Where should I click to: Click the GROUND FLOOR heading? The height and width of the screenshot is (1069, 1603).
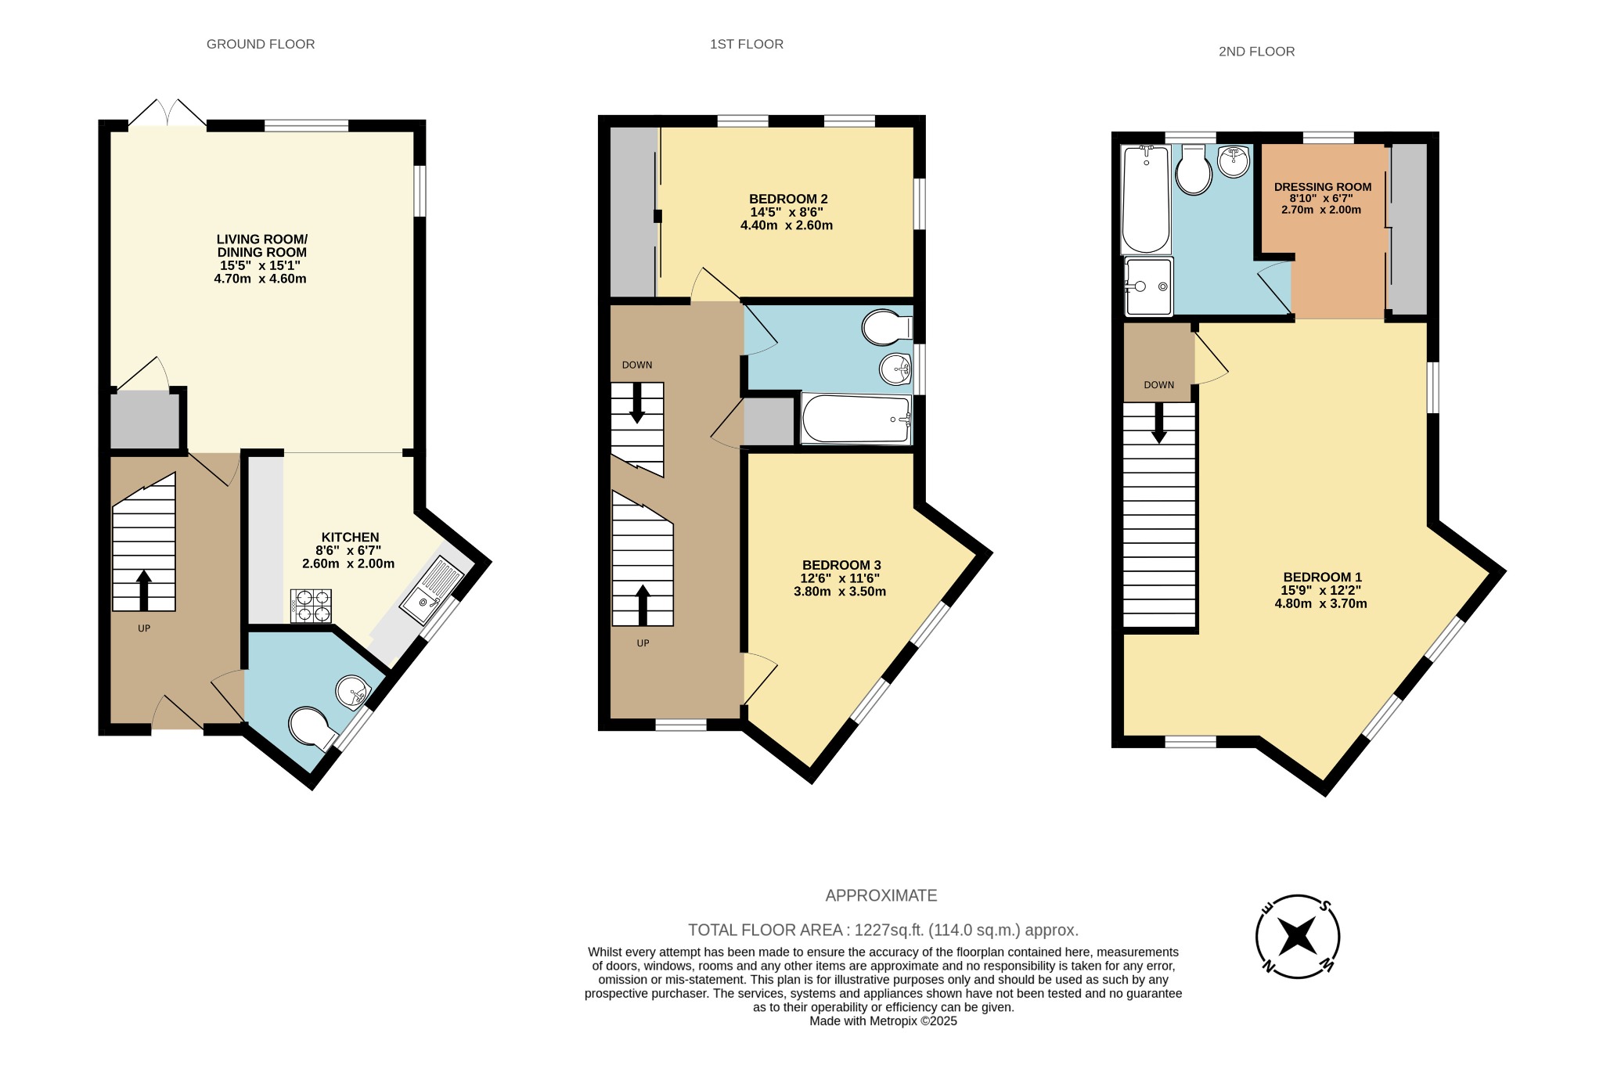click(x=261, y=45)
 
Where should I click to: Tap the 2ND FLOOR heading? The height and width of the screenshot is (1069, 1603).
click(x=1256, y=52)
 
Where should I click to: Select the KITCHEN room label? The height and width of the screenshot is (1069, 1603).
click(x=350, y=537)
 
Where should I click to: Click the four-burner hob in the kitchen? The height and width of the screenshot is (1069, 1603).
click(x=311, y=606)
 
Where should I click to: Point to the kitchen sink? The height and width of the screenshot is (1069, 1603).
click(x=431, y=591)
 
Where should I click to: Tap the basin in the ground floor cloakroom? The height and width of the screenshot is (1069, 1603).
click(x=353, y=692)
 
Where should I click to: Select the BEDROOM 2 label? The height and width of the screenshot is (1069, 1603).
click(x=787, y=199)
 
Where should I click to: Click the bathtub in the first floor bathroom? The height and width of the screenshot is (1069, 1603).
click(x=856, y=419)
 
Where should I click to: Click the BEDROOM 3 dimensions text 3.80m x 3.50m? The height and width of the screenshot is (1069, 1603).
click(x=840, y=592)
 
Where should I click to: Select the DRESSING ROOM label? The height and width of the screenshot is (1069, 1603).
click(x=1322, y=187)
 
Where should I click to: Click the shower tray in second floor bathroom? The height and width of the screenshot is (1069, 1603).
click(x=1148, y=286)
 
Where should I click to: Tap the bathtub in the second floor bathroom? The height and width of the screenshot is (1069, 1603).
click(x=1146, y=200)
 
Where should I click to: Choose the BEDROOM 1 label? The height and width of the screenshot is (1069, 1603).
click(x=1322, y=578)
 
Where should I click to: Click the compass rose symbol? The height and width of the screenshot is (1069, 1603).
click(x=1297, y=936)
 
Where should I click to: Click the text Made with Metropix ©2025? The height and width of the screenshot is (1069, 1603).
click(x=883, y=1021)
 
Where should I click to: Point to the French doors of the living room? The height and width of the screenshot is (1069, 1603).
click(x=168, y=113)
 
